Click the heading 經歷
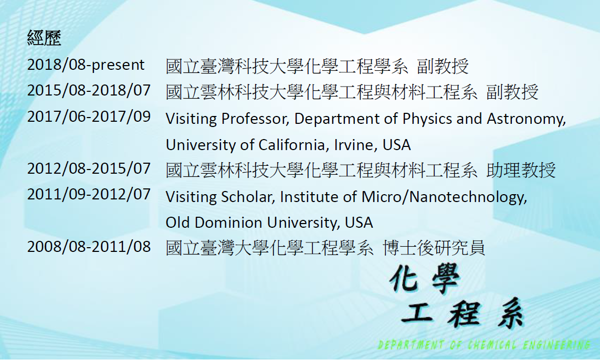(44, 38)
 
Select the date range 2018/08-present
(86, 65)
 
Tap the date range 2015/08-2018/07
(89, 90)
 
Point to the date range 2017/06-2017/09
(89, 117)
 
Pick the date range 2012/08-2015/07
(89, 168)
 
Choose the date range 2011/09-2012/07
(89, 194)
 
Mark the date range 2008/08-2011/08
(89, 247)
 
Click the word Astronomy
(526, 119)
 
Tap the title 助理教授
(521, 170)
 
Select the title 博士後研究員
(434, 248)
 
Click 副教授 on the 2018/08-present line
(443, 66)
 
